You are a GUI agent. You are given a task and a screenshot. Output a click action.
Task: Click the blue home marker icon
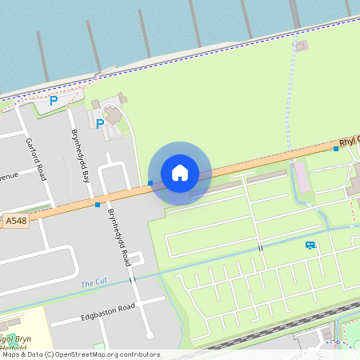[x=180, y=172]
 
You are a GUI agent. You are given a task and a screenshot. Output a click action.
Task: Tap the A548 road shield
[x=15, y=220]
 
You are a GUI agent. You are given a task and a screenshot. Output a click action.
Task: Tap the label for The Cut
[x=92, y=284]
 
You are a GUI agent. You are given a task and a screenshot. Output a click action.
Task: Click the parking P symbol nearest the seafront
[x=54, y=101]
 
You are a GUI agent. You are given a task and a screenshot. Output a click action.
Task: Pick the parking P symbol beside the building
[x=100, y=124]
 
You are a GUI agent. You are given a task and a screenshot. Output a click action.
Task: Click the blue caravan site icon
[x=310, y=245]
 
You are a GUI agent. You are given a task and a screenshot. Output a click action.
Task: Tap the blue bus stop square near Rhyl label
[x=336, y=149]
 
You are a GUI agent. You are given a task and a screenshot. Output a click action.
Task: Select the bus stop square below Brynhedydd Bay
[x=98, y=205]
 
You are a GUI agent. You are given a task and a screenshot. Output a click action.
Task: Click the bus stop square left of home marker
[x=150, y=183]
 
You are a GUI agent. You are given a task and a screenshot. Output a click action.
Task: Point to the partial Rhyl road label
[x=349, y=142]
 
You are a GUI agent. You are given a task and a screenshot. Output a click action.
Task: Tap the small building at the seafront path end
[x=301, y=46]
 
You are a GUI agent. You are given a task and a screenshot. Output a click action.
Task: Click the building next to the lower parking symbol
[x=113, y=114]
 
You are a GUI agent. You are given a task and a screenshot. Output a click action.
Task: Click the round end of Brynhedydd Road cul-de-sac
[x=149, y=335]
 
